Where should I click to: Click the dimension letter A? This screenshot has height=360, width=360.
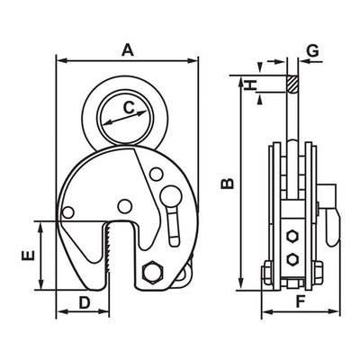coord(128,50)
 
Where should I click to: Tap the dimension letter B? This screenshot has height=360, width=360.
coord(227,184)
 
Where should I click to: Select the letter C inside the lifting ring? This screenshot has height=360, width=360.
coord(130,108)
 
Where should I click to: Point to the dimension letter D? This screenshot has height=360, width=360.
coord(85,302)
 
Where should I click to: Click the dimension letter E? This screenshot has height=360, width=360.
coord(28,256)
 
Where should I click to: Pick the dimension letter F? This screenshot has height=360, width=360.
coord(301,301)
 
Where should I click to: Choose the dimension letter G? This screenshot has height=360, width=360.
coord(312,50)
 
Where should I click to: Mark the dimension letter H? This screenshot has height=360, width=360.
coord(250,85)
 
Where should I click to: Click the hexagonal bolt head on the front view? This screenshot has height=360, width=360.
coord(153,272)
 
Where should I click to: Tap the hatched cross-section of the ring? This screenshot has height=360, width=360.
coord(292,84)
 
